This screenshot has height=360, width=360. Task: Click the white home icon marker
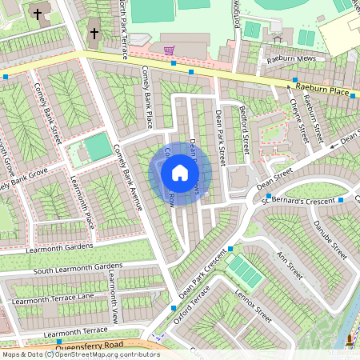point(179,172)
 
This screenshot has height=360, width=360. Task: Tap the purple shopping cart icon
point(169,50)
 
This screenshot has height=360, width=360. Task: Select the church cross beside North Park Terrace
point(94,34)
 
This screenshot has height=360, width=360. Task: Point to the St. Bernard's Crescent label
point(300,199)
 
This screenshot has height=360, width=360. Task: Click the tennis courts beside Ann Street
point(245,271)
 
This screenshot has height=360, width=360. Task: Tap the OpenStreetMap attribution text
point(80,354)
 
